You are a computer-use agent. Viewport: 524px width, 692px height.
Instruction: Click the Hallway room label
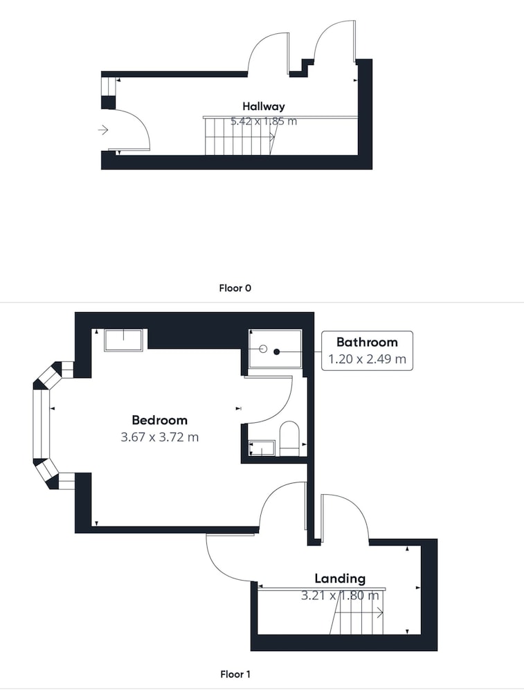coord(264,107)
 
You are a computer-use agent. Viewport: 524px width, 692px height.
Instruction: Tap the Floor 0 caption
coord(235,288)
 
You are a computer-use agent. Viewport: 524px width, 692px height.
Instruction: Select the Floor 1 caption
coord(235,674)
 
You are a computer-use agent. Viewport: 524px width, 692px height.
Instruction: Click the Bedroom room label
coord(159,420)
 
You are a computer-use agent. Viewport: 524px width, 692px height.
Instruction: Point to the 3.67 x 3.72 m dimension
coord(159,437)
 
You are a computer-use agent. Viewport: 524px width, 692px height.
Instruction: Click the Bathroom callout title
coord(367,342)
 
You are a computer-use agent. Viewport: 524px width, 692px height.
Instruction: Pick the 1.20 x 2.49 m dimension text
coord(367,359)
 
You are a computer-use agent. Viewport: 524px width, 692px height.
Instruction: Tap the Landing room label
coord(340,579)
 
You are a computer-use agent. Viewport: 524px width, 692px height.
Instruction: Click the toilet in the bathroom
coord(289,438)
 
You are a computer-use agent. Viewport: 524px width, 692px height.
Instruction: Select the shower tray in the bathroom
coord(275,349)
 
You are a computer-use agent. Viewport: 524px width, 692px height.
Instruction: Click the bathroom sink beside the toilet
coord(262,448)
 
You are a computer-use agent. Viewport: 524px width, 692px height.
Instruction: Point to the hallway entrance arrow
coord(103,130)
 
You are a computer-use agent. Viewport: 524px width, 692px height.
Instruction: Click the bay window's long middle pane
coord(41,424)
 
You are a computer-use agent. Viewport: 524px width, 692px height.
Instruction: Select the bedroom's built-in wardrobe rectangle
coord(124,340)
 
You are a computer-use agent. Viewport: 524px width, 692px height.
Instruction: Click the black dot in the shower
coord(277,352)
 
